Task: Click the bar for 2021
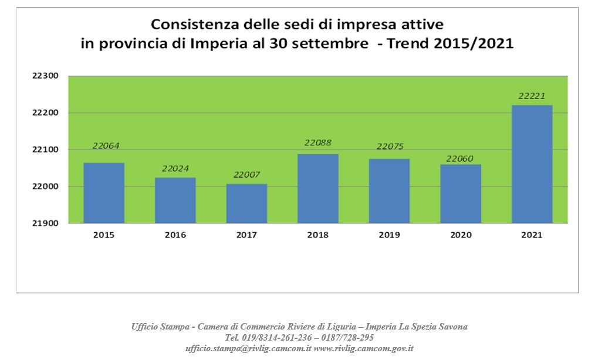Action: [532, 164]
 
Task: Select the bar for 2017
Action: [246, 203]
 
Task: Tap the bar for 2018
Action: [318, 188]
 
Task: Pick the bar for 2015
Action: [104, 193]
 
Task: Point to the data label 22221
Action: [532, 96]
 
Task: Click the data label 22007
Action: [246, 175]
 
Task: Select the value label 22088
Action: [318, 142]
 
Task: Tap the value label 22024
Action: [175, 169]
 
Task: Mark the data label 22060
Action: [460, 158]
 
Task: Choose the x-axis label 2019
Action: [389, 235]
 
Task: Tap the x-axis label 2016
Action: [175, 235]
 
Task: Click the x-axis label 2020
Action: [460, 235]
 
